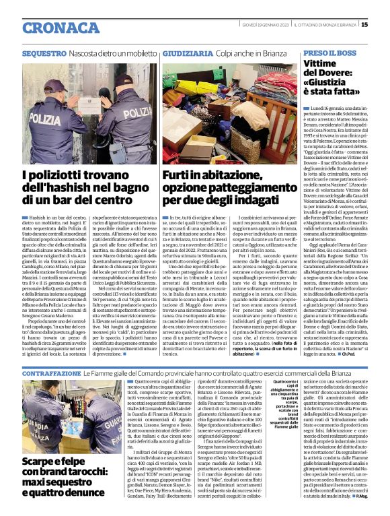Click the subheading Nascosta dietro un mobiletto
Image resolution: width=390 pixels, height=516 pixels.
click(117, 52)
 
